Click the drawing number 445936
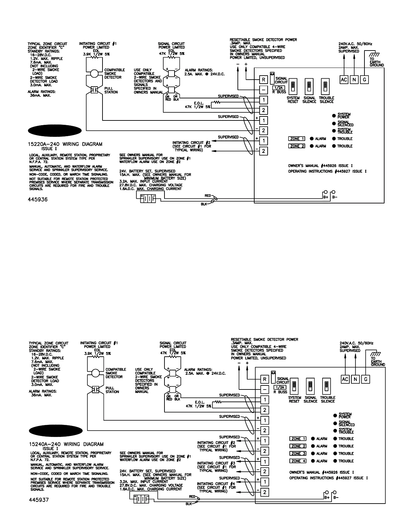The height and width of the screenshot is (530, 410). click(38, 200)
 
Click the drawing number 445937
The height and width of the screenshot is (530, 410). click(39, 500)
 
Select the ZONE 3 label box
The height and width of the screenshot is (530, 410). click(297, 453)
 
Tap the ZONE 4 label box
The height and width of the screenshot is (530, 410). click(297, 461)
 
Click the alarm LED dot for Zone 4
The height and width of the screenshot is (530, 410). click(313, 461)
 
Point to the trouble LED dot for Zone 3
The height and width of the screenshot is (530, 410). click(335, 453)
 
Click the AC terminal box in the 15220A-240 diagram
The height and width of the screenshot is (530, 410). click(344, 79)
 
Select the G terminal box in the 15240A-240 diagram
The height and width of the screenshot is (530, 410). click(366, 379)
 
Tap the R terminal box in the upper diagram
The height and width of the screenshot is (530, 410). click(264, 80)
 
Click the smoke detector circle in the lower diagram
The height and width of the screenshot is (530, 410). click(96, 372)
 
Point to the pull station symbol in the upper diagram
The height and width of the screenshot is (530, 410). click(94, 90)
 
